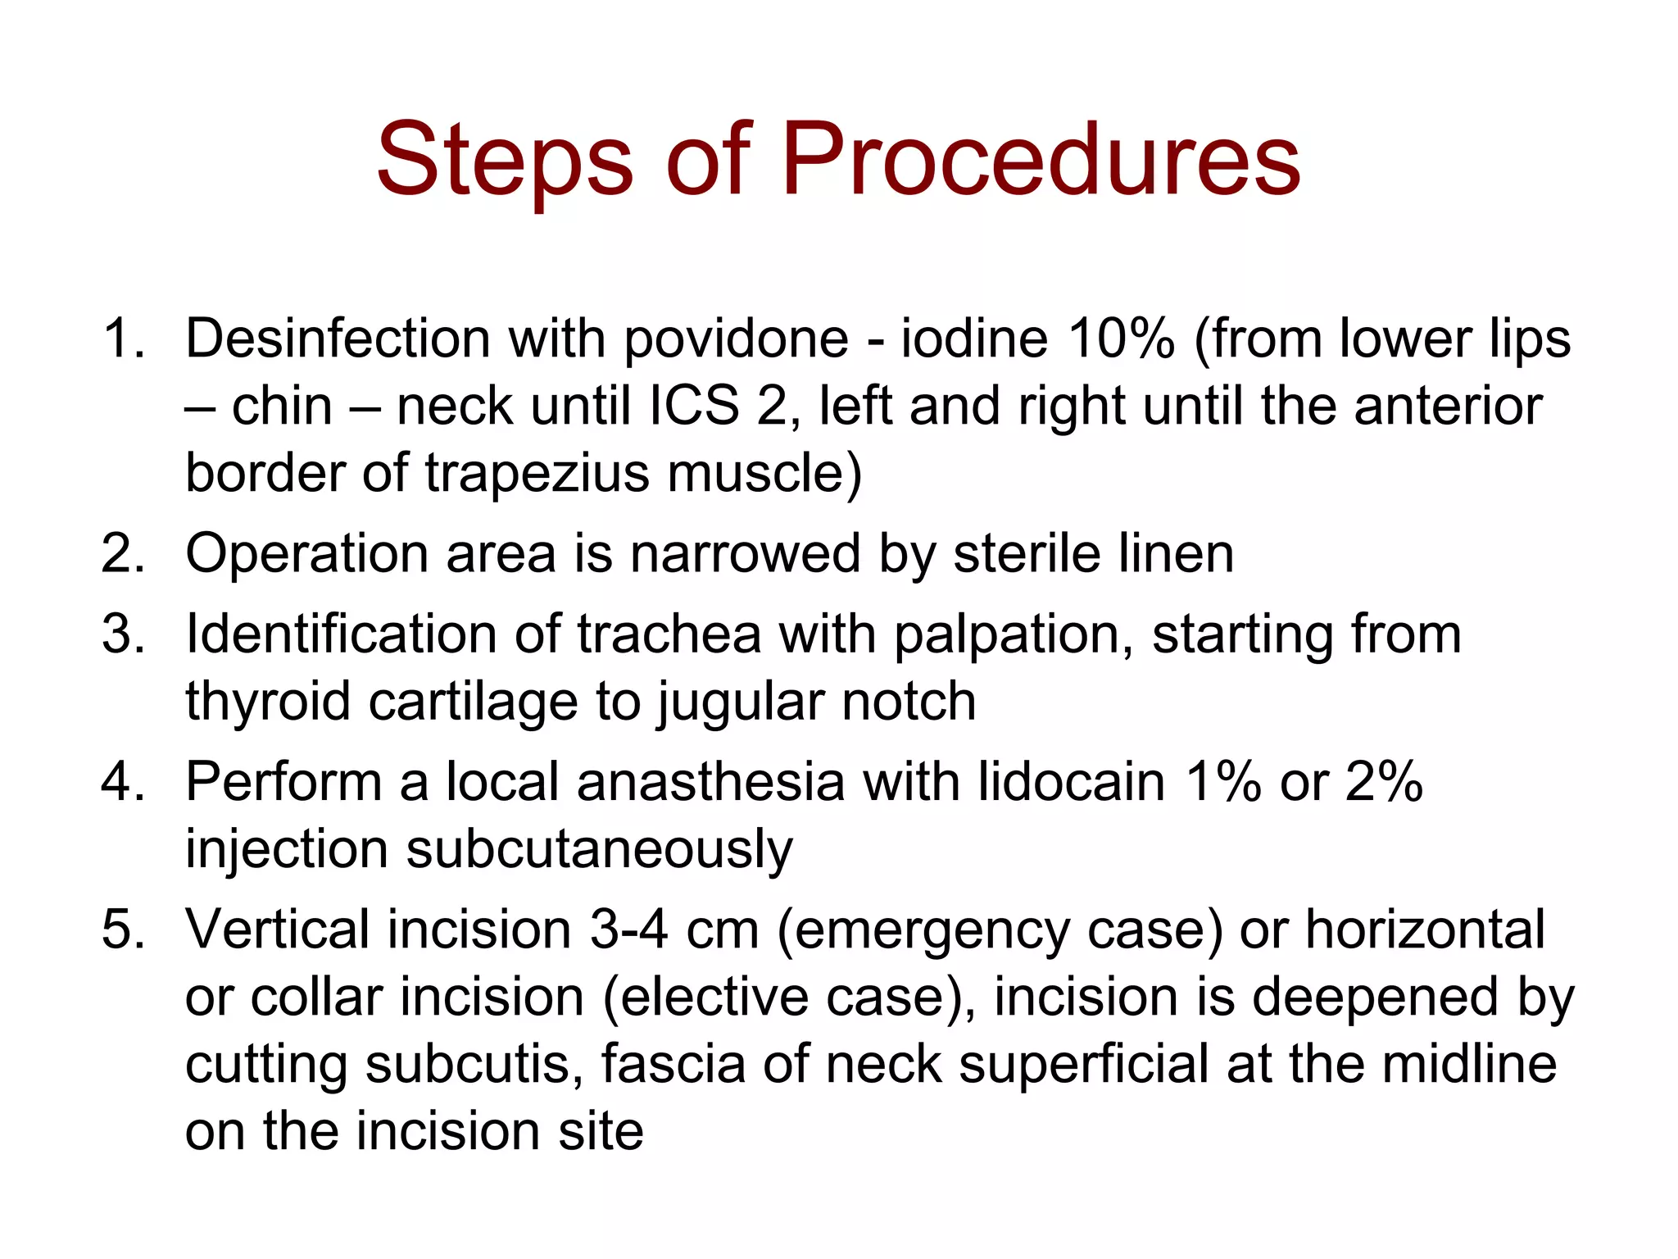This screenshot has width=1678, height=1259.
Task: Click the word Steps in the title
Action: click(x=504, y=160)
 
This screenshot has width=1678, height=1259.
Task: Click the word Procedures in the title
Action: click(x=1041, y=160)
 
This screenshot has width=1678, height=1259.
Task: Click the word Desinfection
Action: click(x=338, y=339)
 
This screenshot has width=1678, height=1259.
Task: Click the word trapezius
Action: click(x=537, y=474)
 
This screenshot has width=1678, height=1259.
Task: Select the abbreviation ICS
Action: click(x=693, y=407)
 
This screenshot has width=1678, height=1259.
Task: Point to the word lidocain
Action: click(x=1072, y=782)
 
